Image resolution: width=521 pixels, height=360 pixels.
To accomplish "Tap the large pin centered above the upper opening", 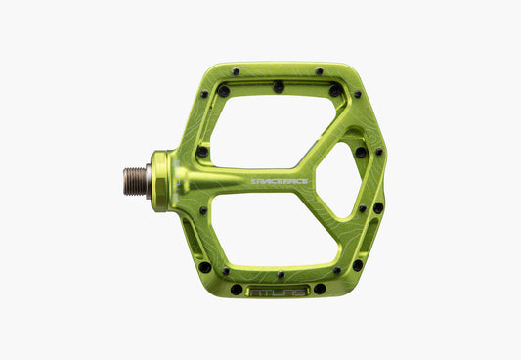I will (x=279, y=87).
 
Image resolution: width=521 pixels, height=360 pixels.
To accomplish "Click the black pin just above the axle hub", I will (x=201, y=152).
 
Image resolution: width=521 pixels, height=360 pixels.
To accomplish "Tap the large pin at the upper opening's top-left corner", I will (x=224, y=90).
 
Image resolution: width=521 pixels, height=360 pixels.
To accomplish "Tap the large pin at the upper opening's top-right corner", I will (x=335, y=90).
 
